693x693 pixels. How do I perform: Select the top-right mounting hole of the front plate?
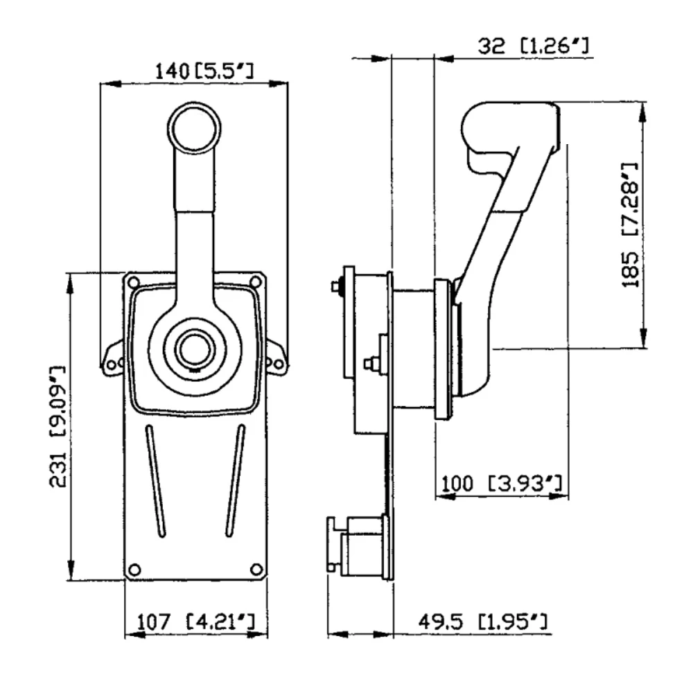point(255,281)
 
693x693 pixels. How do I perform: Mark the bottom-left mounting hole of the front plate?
point(134,569)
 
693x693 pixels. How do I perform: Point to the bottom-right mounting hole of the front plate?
point(256,569)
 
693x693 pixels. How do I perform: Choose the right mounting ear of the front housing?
point(275,360)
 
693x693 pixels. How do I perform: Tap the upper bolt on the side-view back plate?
point(337,286)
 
